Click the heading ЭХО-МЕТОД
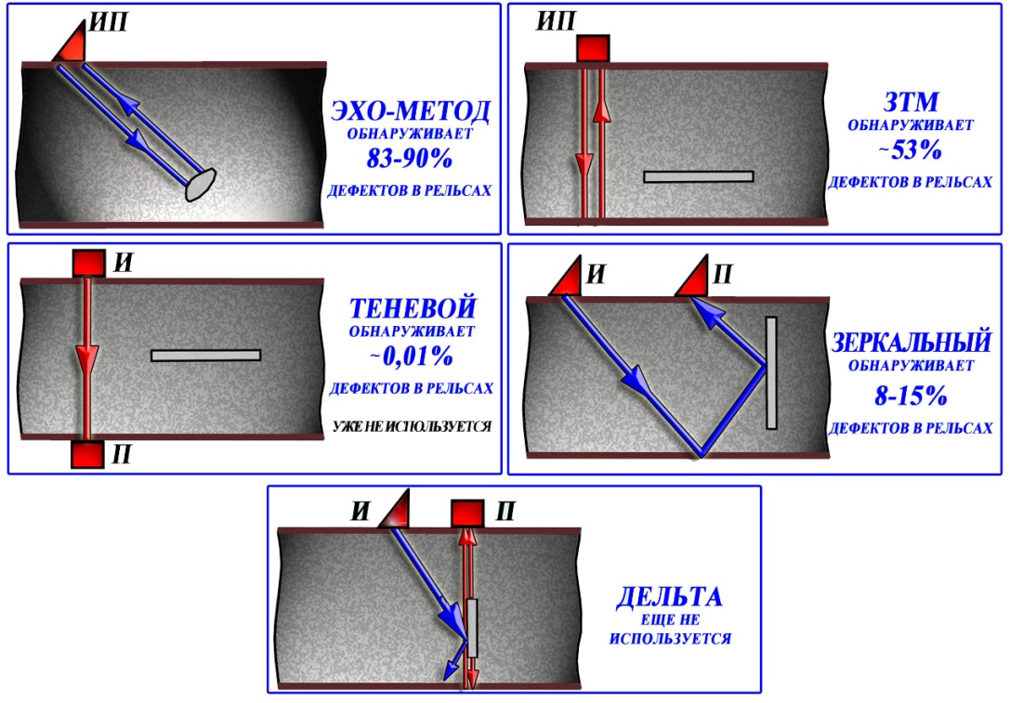(411, 111)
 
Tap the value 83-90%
(410, 158)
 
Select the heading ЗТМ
(911, 102)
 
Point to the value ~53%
(911, 150)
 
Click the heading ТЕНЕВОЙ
(413, 308)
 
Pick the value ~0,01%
(411, 356)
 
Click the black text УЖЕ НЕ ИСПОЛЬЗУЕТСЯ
(413, 426)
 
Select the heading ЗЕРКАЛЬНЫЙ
(911, 341)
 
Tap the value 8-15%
(911, 396)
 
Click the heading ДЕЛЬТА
(669, 597)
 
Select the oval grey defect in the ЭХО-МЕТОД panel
(201, 185)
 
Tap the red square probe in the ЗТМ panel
(593, 48)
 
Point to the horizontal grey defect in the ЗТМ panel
(698, 176)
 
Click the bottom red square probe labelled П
(87, 454)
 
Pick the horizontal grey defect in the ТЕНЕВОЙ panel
(206, 356)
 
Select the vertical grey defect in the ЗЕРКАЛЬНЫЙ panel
(771, 372)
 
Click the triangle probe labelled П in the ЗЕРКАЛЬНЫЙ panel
(694, 278)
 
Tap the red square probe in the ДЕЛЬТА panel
(467, 514)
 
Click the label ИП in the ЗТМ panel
(556, 22)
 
